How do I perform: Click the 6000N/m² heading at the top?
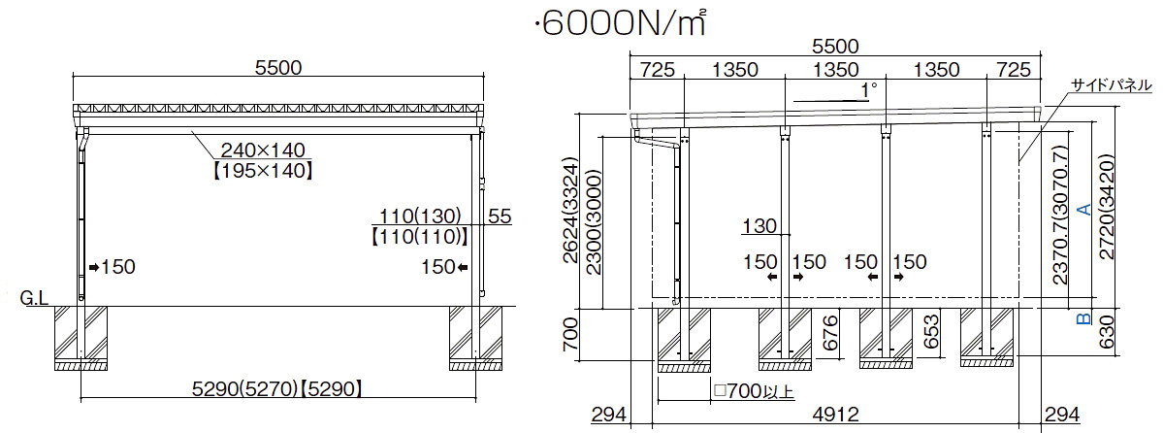click(x=619, y=24)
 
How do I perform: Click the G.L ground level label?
click(x=34, y=299)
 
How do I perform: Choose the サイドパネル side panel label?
click(x=1110, y=85)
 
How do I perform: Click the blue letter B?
click(x=1082, y=319)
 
